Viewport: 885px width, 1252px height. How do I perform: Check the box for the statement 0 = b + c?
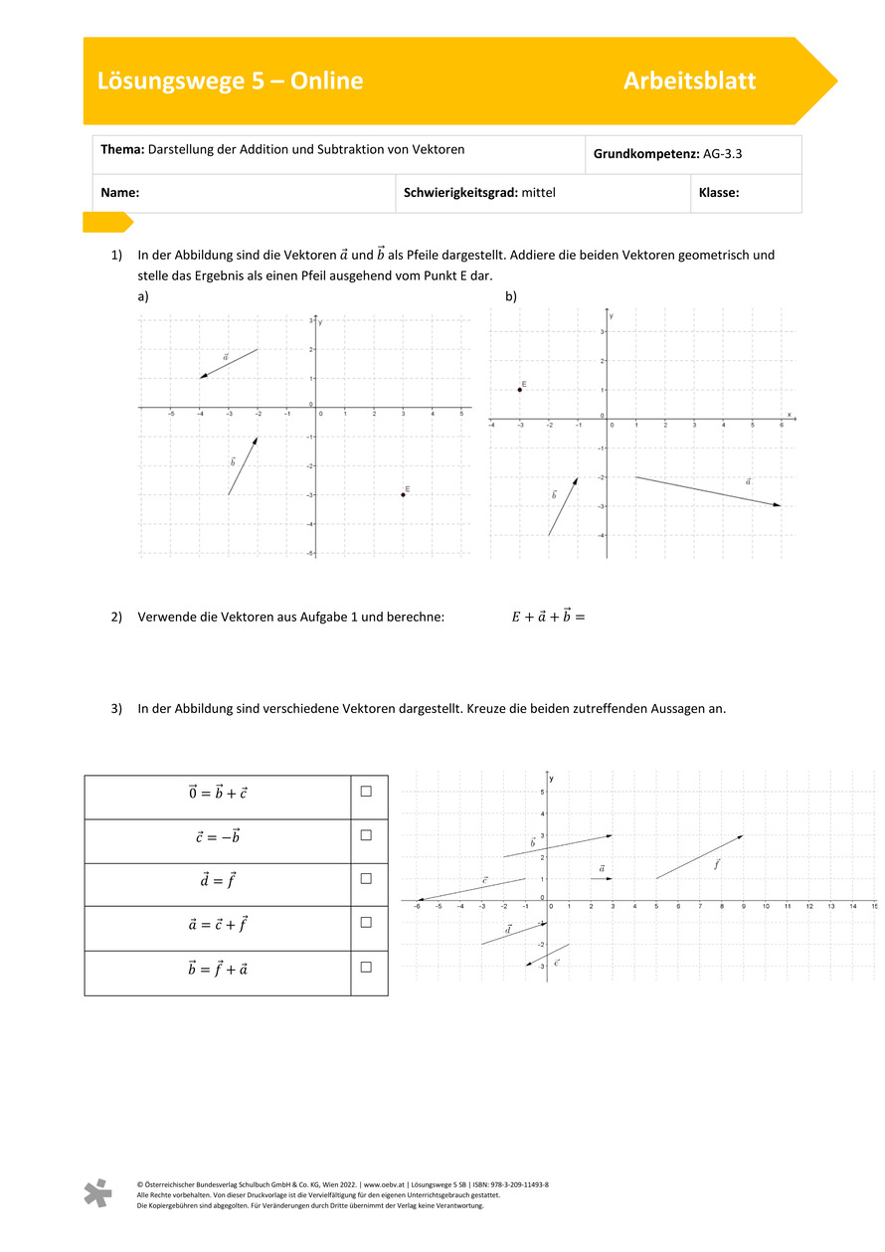pos(366,792)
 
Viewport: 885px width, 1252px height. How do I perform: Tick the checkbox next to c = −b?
pos(366,835)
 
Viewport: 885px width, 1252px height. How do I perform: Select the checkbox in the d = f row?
pos(366,879)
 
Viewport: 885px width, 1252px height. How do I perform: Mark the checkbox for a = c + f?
pos(366,923)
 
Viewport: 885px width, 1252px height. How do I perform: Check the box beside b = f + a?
pos(366,967)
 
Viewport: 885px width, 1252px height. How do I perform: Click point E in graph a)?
pos(403,494)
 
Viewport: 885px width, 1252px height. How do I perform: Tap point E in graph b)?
pos(519,390)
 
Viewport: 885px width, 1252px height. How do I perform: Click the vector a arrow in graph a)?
pos(229,364)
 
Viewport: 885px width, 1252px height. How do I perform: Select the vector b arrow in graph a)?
pos(243,466)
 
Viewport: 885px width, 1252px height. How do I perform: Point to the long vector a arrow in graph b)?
pos(708,491)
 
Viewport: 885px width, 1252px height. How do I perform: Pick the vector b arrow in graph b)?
pos(563,506)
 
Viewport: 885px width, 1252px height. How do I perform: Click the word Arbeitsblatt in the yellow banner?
pos(689,82)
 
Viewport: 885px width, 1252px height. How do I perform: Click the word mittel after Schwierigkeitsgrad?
pos(538,193)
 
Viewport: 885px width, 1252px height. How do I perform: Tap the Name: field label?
pos(119,193)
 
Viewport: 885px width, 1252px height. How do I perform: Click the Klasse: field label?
pos(719,193)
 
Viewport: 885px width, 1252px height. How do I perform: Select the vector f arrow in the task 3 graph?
pos(699,857)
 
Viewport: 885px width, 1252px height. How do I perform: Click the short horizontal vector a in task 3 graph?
pos(601,879)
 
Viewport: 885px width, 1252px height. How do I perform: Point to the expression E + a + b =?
pos(548,616)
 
